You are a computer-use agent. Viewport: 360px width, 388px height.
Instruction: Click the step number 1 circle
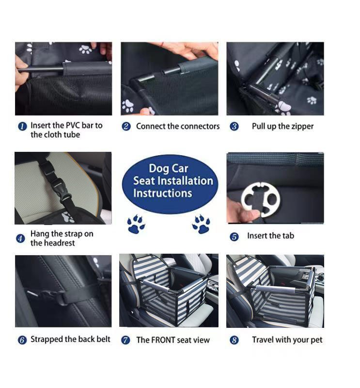coord(22,127)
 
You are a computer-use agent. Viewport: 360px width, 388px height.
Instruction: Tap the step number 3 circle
coord(234,127)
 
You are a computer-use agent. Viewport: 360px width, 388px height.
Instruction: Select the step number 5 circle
coord(234,237)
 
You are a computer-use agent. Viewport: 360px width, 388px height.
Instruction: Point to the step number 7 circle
coord(125,340)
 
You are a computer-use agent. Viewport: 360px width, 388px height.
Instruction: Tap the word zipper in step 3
coord(301,127)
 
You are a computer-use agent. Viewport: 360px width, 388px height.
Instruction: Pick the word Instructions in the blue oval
coord(162,193)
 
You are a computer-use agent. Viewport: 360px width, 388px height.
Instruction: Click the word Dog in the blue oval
coord(158,168)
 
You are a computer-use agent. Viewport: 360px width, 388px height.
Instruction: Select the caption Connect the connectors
coord(177,127)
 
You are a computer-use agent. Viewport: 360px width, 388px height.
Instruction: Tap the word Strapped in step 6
coord(47,339)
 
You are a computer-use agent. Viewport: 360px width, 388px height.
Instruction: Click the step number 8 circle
coord(234,340)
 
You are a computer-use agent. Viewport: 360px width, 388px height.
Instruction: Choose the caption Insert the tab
coord(270,236)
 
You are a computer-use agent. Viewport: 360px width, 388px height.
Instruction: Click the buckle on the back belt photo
coord(48,294)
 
